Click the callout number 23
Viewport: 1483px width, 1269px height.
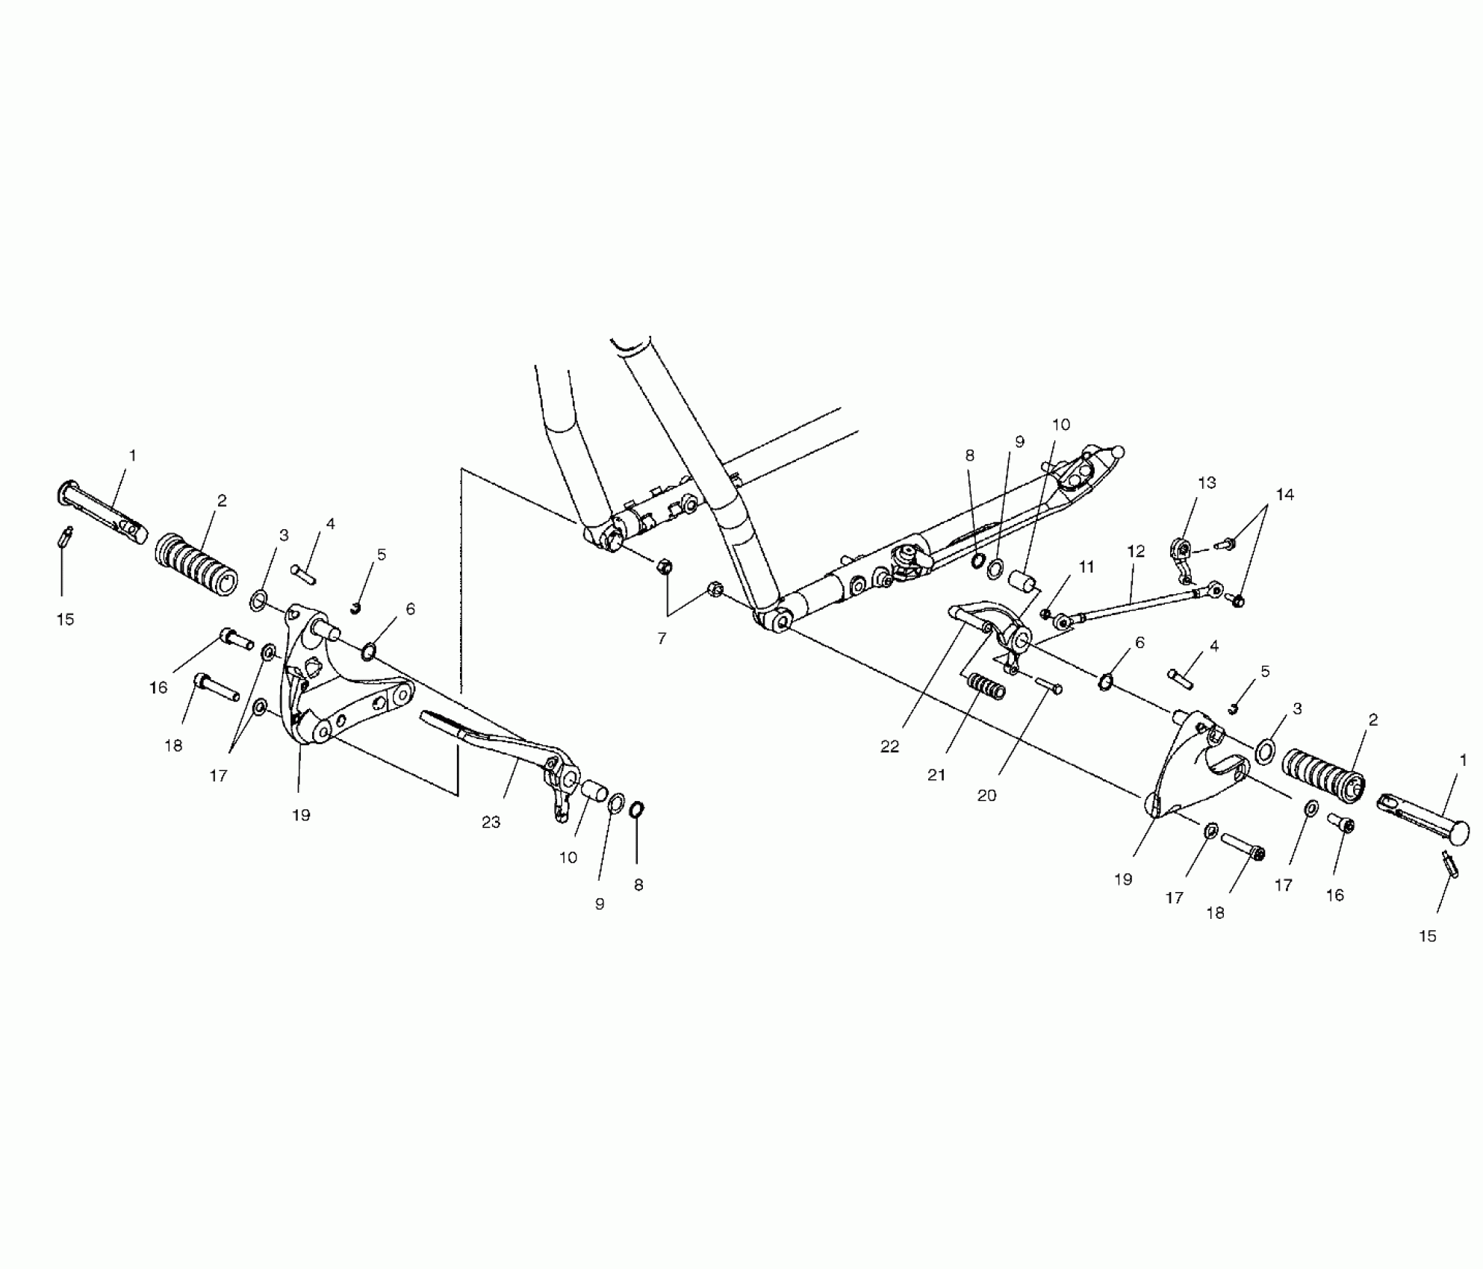point(491,823)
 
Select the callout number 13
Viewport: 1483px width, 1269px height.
point(1207,483)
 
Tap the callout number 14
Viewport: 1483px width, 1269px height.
point(1284,495)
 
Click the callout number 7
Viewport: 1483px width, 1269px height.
point(662,639)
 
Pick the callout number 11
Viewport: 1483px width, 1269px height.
point(1086,567)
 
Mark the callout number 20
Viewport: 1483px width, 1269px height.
point(986,796)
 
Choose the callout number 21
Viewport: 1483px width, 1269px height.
point(936,776)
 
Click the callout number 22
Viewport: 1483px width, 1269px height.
point(889,746)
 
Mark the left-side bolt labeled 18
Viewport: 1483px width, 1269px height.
point(217,687)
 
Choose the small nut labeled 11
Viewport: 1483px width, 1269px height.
point(1046,614)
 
